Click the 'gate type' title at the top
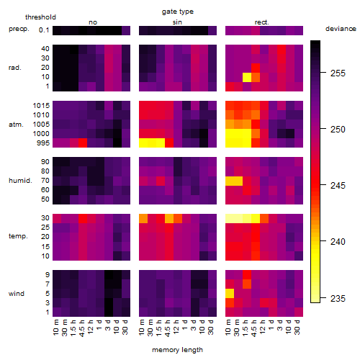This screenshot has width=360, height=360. pyautogui.click(x=178, y=12)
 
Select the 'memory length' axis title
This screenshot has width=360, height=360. pyautogui.click(x=177, y=350)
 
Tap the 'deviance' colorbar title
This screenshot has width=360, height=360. pyautogui.click(x=341, y=29)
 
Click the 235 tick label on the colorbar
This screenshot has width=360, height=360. pyautogui.click(x=338, y=299)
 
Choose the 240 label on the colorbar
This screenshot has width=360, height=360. pyautogui.click(x=338, y=242)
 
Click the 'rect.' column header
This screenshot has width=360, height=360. pyautogui.click(x=262, y=22)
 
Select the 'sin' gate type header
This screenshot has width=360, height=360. pyautogui.click(x=177, y=22)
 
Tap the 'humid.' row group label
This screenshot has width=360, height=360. pyautogui.click(x=20, y=181)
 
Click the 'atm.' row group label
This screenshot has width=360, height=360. pyautogui.click(x=16, y=125)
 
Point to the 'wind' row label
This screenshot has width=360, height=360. pyautogui.click(x=17, y=294)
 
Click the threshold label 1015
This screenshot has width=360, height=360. pyautogui.click(x=41, y=106)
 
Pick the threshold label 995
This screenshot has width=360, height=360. pyautogui.click(x=43, y=143)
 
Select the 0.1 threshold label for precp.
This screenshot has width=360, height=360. pyautogui.click(x=44, y=30)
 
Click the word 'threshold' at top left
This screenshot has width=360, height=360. pyautogui.click(x=40, y=17)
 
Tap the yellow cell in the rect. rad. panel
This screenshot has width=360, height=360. pyautogui.click(x=247, y=77)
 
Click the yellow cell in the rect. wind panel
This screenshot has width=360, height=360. pyautogui.click(x=230, y=294)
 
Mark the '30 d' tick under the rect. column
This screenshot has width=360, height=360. pyautogui.click(x=297, y=327)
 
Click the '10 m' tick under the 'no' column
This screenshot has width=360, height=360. pyautogui.click(x=55, y=328)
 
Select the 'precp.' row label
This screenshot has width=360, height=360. pyautogui.click(x=19, y=29)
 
